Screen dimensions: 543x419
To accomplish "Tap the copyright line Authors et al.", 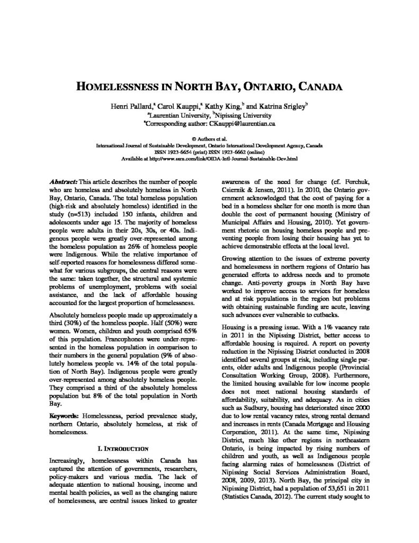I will (209, 137).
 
